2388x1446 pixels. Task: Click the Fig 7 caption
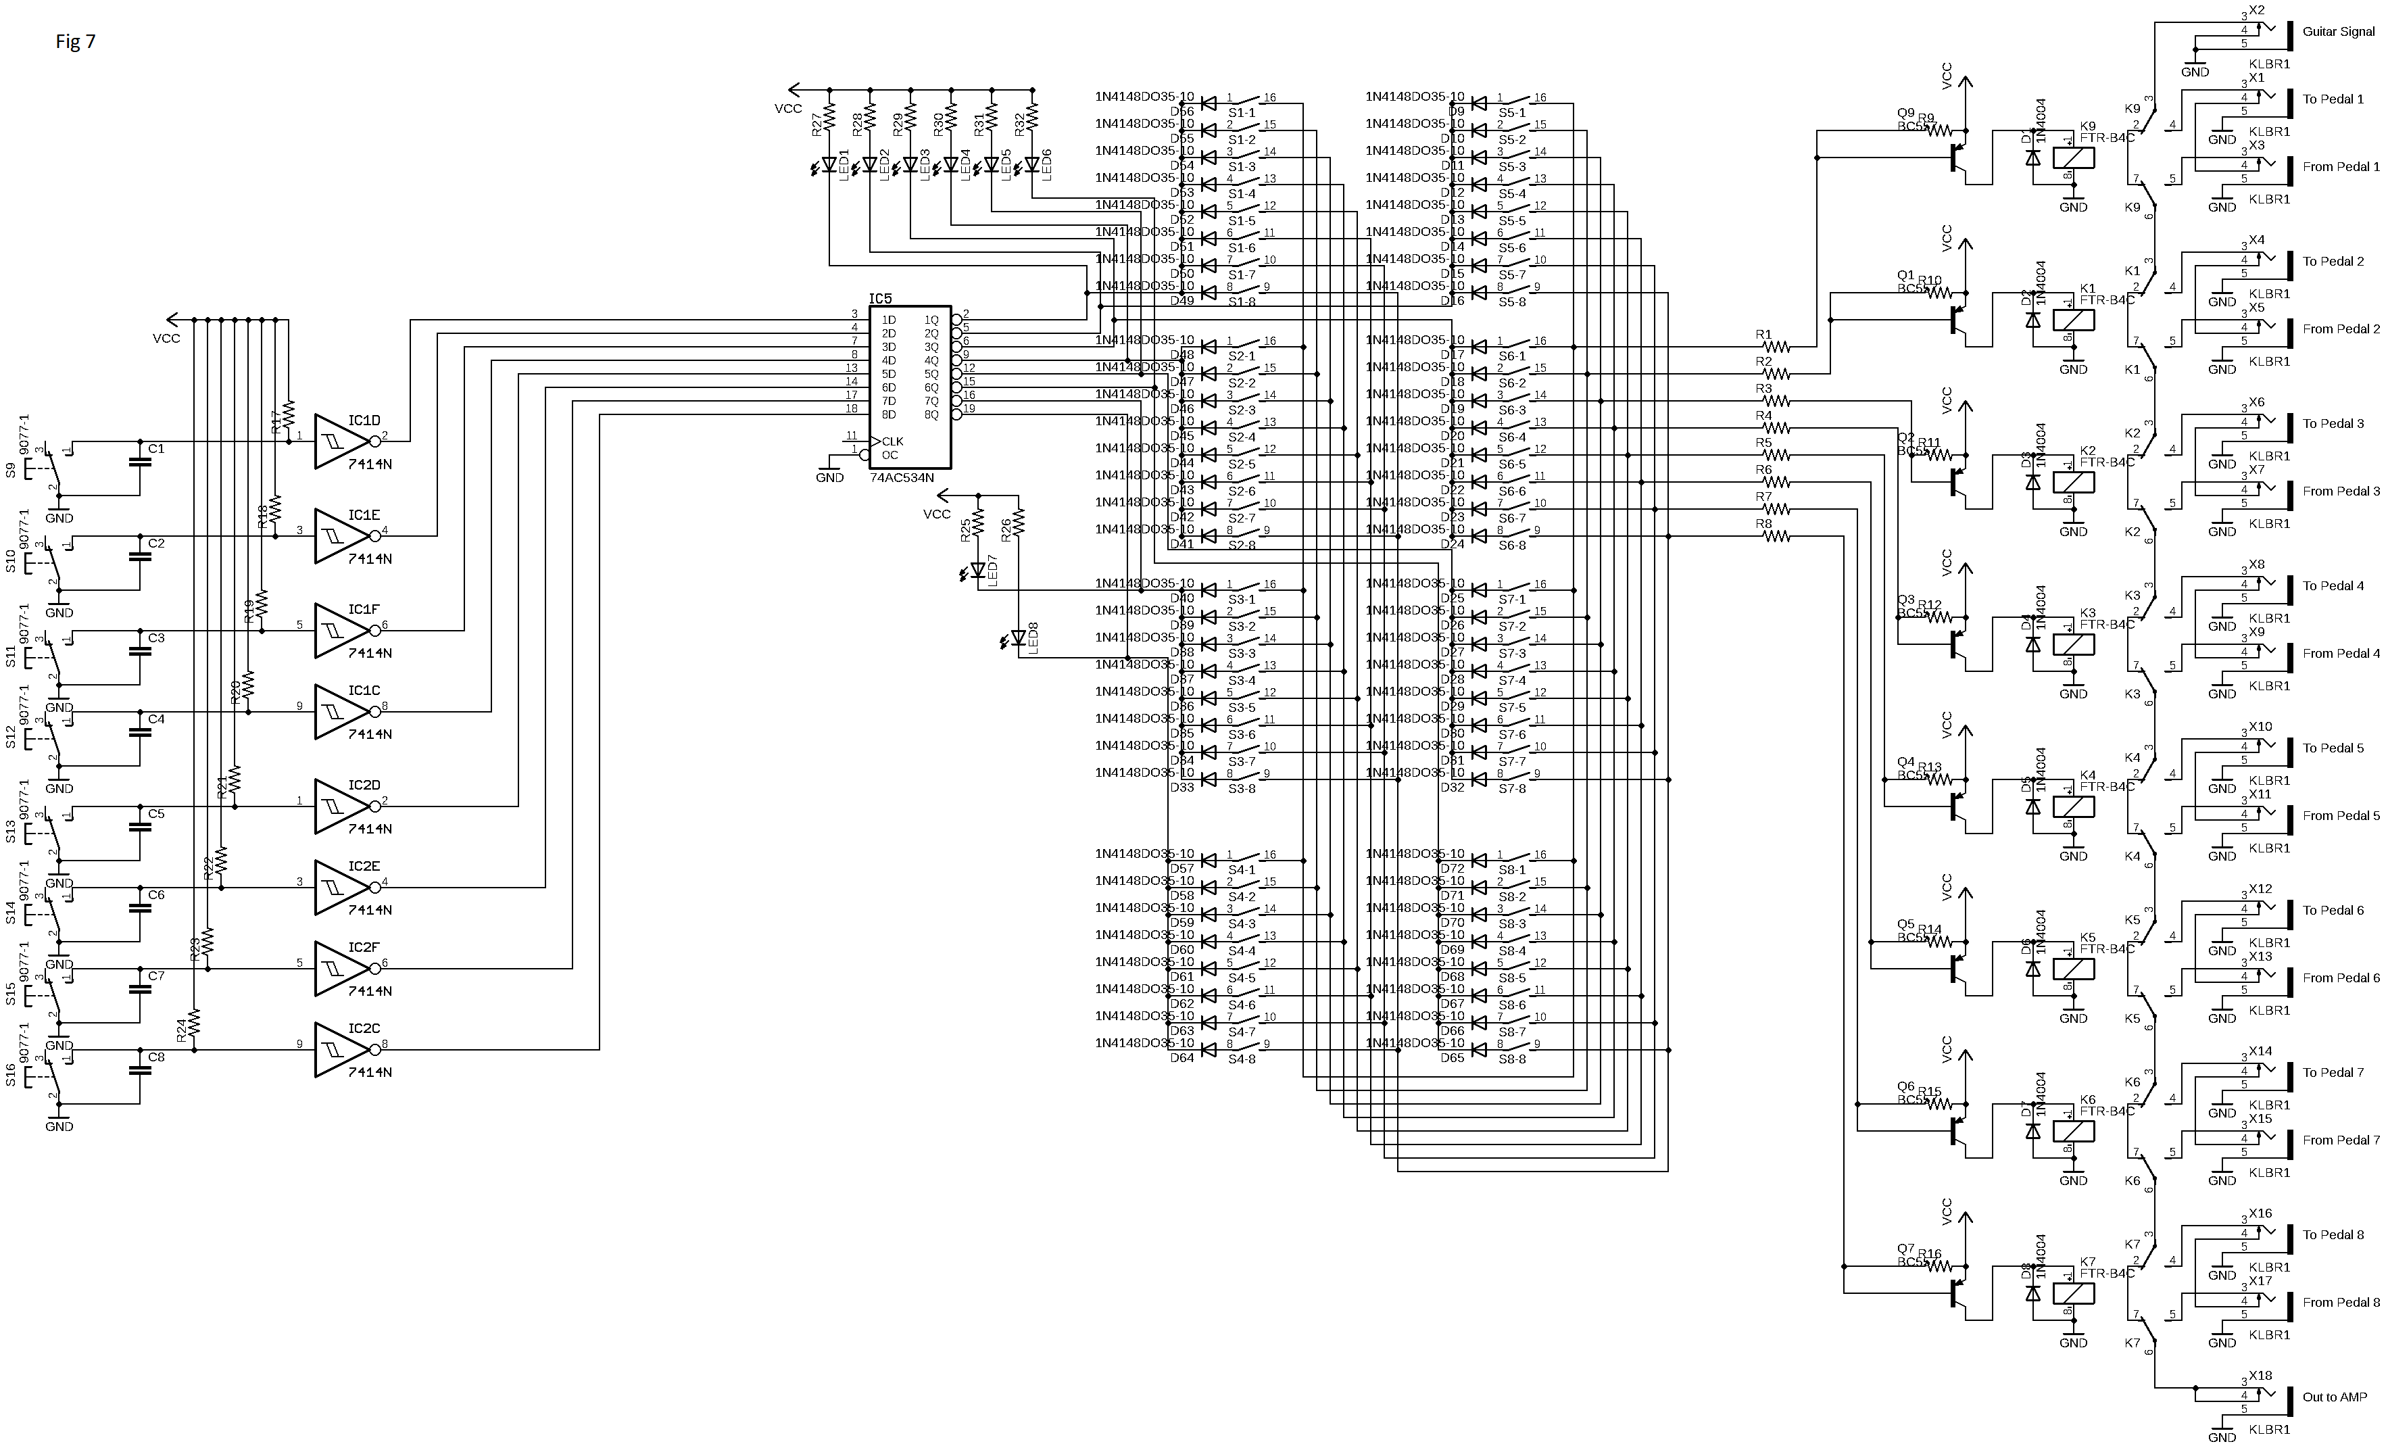coord(76,42)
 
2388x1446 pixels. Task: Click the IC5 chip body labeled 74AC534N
coord(909,387)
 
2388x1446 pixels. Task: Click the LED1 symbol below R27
coord(829,166)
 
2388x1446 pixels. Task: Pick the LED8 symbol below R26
coord(1018,637)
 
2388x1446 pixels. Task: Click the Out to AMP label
coord(2335,1397)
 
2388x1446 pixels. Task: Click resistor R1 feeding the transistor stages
coord(1776,346)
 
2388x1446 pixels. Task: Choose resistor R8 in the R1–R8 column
coord(1776,536)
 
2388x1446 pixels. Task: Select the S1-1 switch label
coord(1242,112)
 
